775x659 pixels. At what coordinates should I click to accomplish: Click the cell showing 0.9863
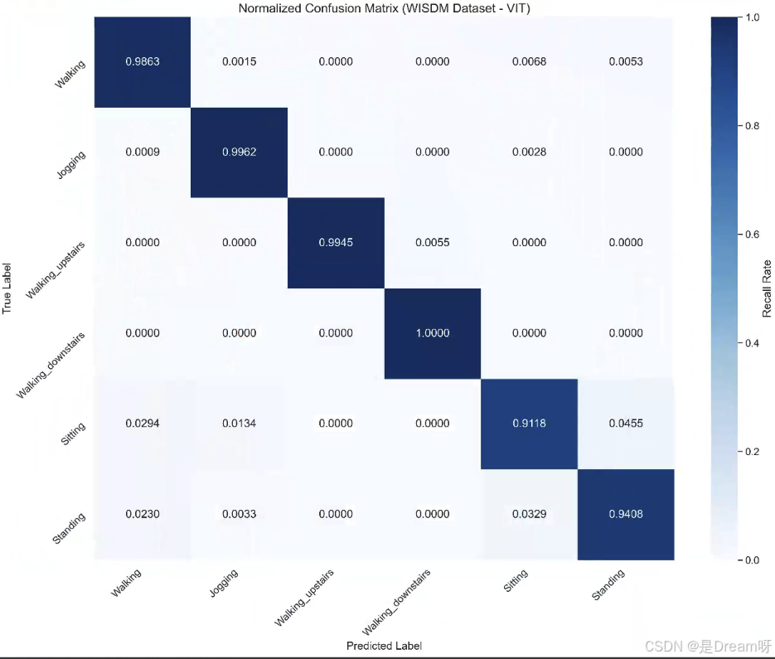(143, 61)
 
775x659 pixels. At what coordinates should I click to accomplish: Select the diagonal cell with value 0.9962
(239, 152)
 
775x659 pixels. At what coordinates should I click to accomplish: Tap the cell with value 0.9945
(336, 243)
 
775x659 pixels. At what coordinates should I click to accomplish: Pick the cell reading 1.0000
(433, 333)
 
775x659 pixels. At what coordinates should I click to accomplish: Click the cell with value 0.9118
(529, 424)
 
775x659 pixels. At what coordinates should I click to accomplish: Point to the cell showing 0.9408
(626, 514)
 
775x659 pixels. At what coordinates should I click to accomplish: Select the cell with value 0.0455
(626, 424)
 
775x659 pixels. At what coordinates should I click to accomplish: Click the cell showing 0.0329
(529, 514)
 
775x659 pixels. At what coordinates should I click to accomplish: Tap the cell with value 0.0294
(143, 424)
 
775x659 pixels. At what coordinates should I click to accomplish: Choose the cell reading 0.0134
(239, 424)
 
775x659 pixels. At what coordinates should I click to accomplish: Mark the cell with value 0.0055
(433, 243)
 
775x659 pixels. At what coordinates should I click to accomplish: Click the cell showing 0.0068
(529, 61)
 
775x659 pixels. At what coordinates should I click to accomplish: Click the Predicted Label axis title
(384, 646)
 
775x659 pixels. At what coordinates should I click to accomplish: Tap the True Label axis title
(7, 288)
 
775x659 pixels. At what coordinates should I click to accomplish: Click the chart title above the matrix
(384, 8)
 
